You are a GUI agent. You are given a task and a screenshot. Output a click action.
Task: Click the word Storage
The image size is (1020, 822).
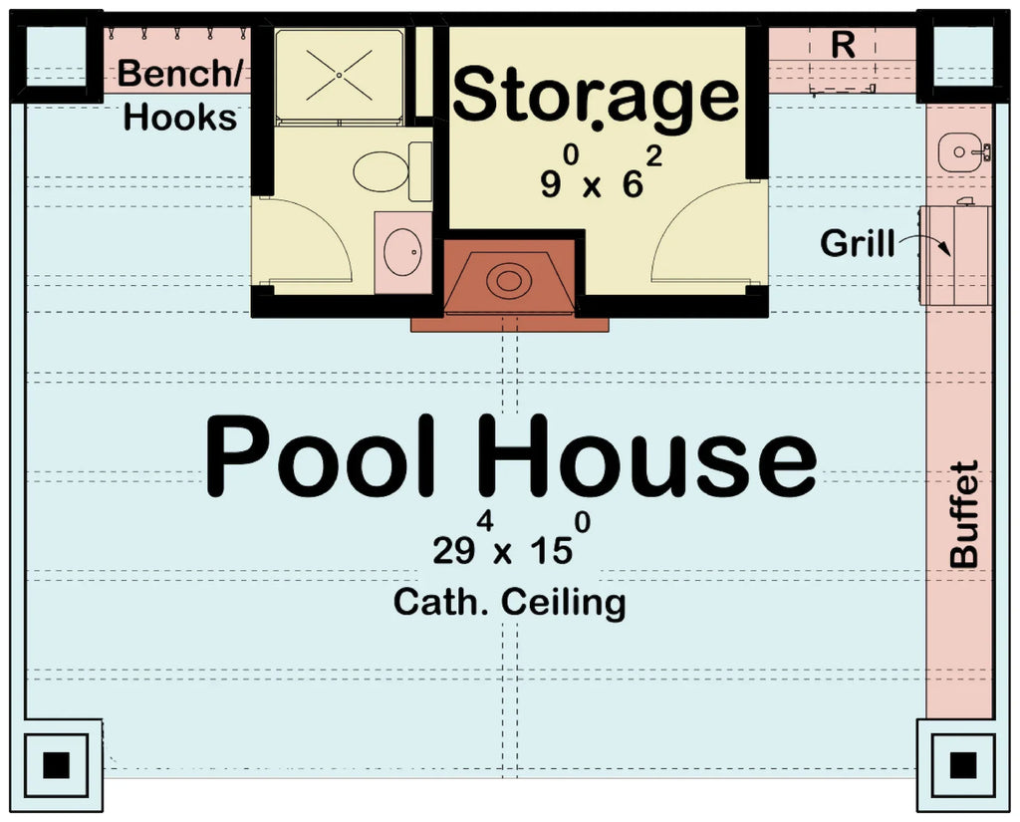[x=596, y=97]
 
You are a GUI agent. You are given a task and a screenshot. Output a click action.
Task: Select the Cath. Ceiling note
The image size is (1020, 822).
[x=509, y=602]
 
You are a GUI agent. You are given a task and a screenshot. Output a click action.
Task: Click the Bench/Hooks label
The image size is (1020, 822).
[x=179, y=96]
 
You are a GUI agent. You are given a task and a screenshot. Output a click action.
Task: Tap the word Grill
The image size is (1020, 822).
[x=857, y=242]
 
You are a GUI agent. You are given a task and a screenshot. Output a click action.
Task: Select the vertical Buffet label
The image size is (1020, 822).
[x=963, y=514]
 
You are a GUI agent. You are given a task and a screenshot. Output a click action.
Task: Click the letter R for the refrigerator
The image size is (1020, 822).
[x=843, y=45]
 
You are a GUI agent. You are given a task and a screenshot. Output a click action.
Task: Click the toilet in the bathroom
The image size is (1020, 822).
[x=382, y=171]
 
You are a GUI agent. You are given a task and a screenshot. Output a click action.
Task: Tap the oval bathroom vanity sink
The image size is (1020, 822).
[x=402, y=252]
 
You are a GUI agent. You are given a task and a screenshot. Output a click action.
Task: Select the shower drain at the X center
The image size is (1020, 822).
[x=339, y=75]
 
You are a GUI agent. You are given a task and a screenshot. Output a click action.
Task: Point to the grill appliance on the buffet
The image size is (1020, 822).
[x=954, y=254]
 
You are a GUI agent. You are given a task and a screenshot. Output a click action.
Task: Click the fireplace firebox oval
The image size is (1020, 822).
[x=509, y=280]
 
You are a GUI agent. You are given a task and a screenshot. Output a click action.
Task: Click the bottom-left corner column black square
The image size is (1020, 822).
[x=57, y=765]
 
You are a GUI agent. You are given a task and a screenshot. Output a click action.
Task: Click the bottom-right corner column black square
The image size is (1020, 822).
[x=962, y=765]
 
